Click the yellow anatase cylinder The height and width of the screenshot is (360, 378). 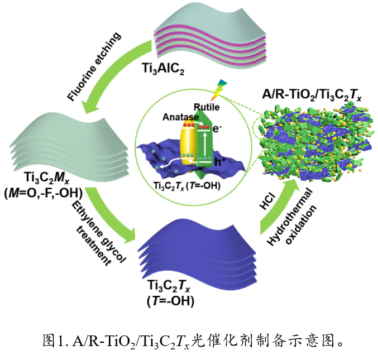click(184, 145)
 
